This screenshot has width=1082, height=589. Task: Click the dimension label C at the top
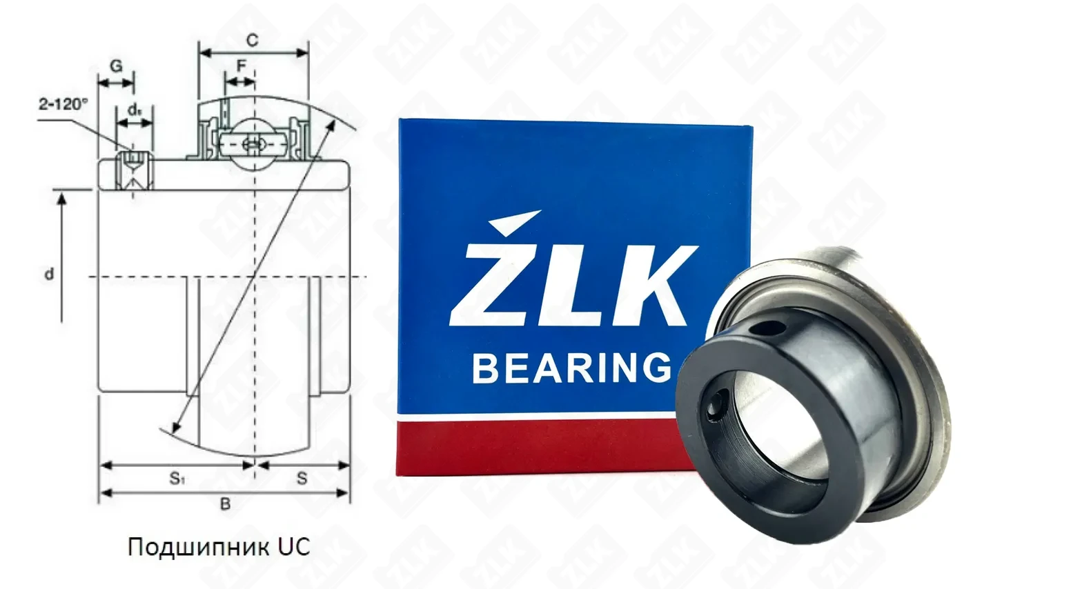tap(252, 40)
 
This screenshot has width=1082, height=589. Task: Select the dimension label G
tap(116, 66)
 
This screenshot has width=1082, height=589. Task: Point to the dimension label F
tap(241, 65)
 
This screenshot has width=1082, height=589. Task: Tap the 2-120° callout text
tap(63, 103)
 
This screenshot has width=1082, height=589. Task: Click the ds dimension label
tap(135, 110)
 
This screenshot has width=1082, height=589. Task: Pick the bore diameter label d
tap(49, 274)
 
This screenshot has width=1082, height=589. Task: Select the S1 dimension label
tap(177, 479)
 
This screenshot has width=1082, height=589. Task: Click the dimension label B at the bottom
tap(225, 505)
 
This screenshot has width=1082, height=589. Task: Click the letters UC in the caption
tap(294, 547)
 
